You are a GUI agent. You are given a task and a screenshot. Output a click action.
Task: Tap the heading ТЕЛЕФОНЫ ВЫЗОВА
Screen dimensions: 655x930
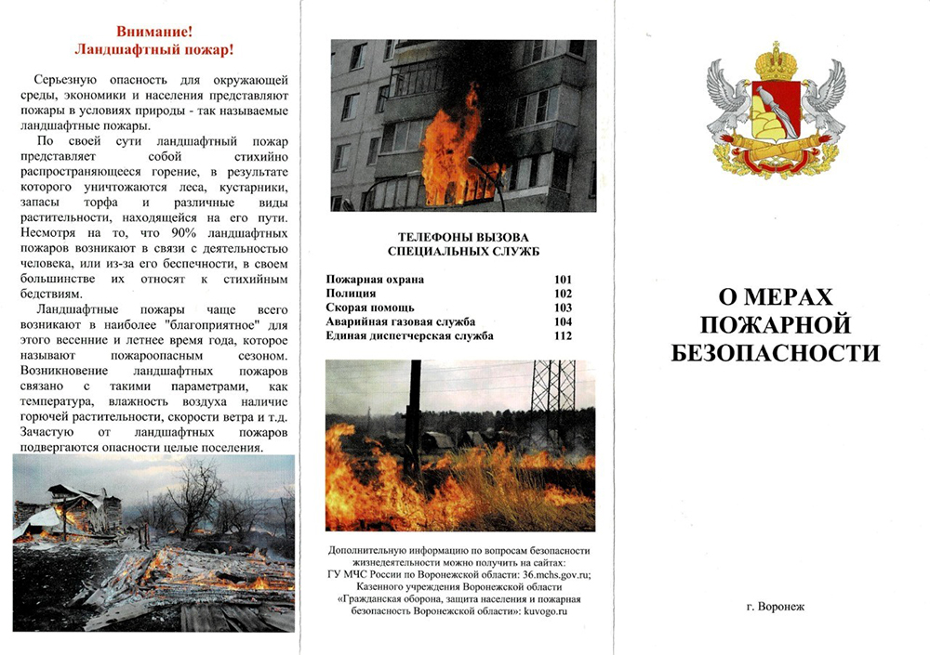click(462, 238)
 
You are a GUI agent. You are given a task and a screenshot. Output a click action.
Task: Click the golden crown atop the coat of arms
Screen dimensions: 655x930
click(775, 62)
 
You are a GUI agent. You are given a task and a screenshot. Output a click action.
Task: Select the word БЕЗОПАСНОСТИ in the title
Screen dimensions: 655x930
click(775, 353)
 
